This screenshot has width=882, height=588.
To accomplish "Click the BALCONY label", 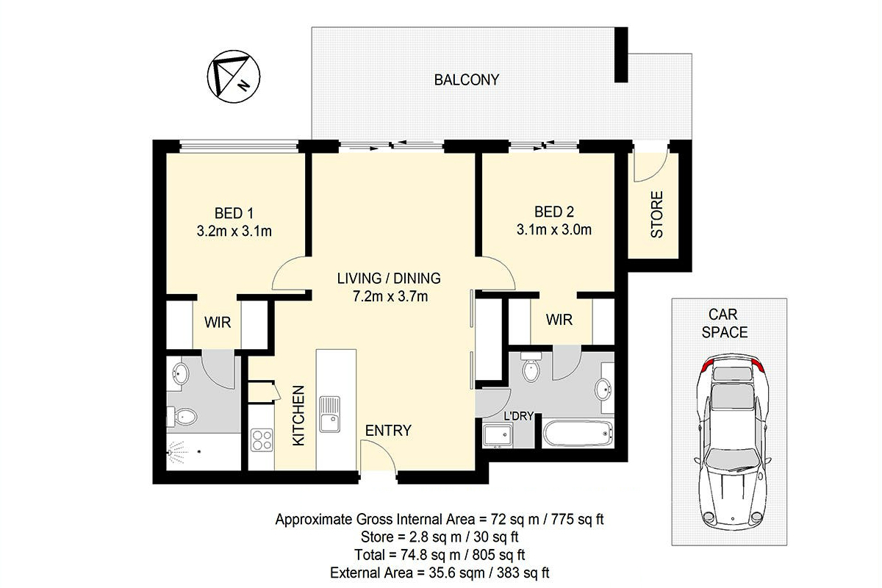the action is [x=467, y=80].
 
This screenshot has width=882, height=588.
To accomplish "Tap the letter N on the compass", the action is [x=243, y=85].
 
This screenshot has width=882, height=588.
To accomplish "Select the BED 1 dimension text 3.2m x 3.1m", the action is [x=234, y=232].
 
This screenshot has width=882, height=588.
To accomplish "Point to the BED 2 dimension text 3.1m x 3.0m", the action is [x=554, y=229].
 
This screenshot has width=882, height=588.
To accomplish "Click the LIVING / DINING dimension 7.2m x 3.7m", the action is [x=390, y=296].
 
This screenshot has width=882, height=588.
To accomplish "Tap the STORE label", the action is [x=657, y=215].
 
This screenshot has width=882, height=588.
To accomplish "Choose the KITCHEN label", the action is [x=299, y=415].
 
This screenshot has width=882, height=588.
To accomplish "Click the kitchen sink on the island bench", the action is [x=329, y=414].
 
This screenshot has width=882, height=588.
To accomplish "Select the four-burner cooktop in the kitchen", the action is [x=262, y=440].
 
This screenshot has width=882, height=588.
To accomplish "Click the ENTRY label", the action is [x=388, y=431].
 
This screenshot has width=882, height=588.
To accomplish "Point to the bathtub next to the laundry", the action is [x=578, y=433].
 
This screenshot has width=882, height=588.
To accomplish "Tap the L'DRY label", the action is [x=519, y=415].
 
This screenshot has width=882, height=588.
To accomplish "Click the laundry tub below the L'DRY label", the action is [x=498, y=436].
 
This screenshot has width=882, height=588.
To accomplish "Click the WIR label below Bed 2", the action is [x=559, y=320].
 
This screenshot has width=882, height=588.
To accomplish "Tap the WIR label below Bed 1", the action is [x=218, y=323].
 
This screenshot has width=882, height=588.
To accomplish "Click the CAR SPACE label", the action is [x=725, y=323].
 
